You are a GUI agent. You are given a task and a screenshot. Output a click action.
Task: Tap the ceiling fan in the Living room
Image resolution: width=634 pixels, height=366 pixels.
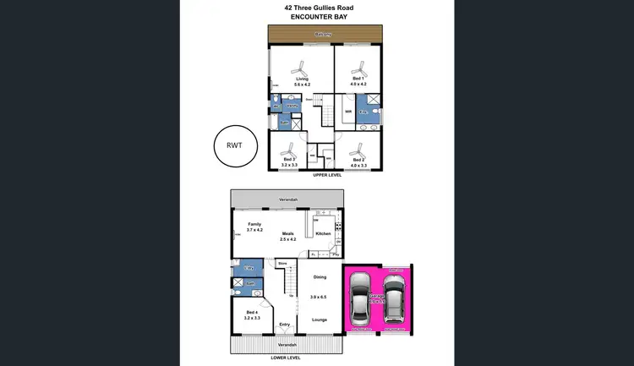coord(301,66)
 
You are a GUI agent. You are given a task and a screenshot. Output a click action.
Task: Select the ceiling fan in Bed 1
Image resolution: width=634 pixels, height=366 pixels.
coord(358,65)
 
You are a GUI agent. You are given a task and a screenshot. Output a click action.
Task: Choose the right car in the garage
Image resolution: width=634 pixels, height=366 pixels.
coord(393,298)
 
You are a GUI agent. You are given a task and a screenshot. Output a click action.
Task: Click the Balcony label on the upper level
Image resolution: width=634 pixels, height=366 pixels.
coord(322,35)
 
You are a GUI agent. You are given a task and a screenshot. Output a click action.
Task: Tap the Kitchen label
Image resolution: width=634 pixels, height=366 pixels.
coord(323,233)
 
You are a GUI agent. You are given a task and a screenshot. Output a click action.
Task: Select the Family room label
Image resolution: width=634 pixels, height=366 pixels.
coord(254,224)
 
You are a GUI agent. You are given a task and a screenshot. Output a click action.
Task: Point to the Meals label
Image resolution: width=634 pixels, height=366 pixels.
coord(288,234)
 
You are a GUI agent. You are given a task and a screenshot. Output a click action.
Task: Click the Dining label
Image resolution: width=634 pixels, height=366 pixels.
coord(320,277)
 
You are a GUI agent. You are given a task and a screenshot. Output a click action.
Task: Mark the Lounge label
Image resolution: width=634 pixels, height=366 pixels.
coord(320,320)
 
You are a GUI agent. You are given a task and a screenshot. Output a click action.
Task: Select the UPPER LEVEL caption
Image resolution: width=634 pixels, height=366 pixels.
coord(326,175)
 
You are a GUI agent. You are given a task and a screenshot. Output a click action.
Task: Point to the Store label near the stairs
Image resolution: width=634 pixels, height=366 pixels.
coord(282,264)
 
